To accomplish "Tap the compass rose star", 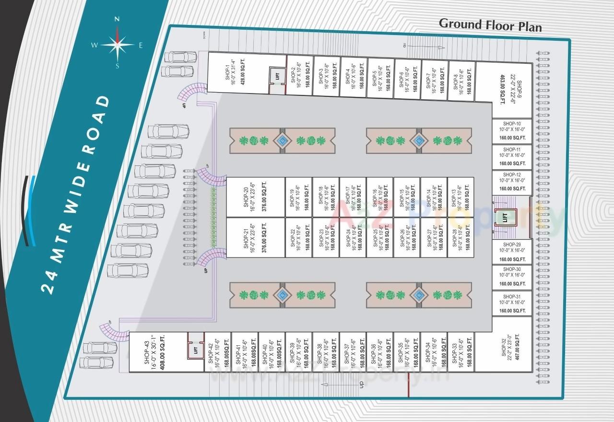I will (117, 45).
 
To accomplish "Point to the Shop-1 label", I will (231, 72).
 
